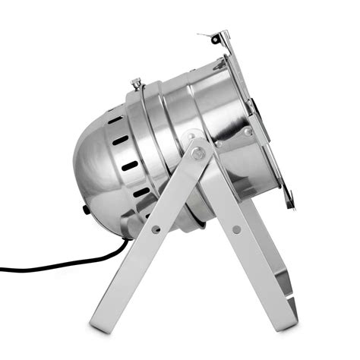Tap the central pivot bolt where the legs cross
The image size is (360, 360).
199,153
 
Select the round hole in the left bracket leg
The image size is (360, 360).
156,228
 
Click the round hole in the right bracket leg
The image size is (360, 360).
237,229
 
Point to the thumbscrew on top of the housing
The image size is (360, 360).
137,83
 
